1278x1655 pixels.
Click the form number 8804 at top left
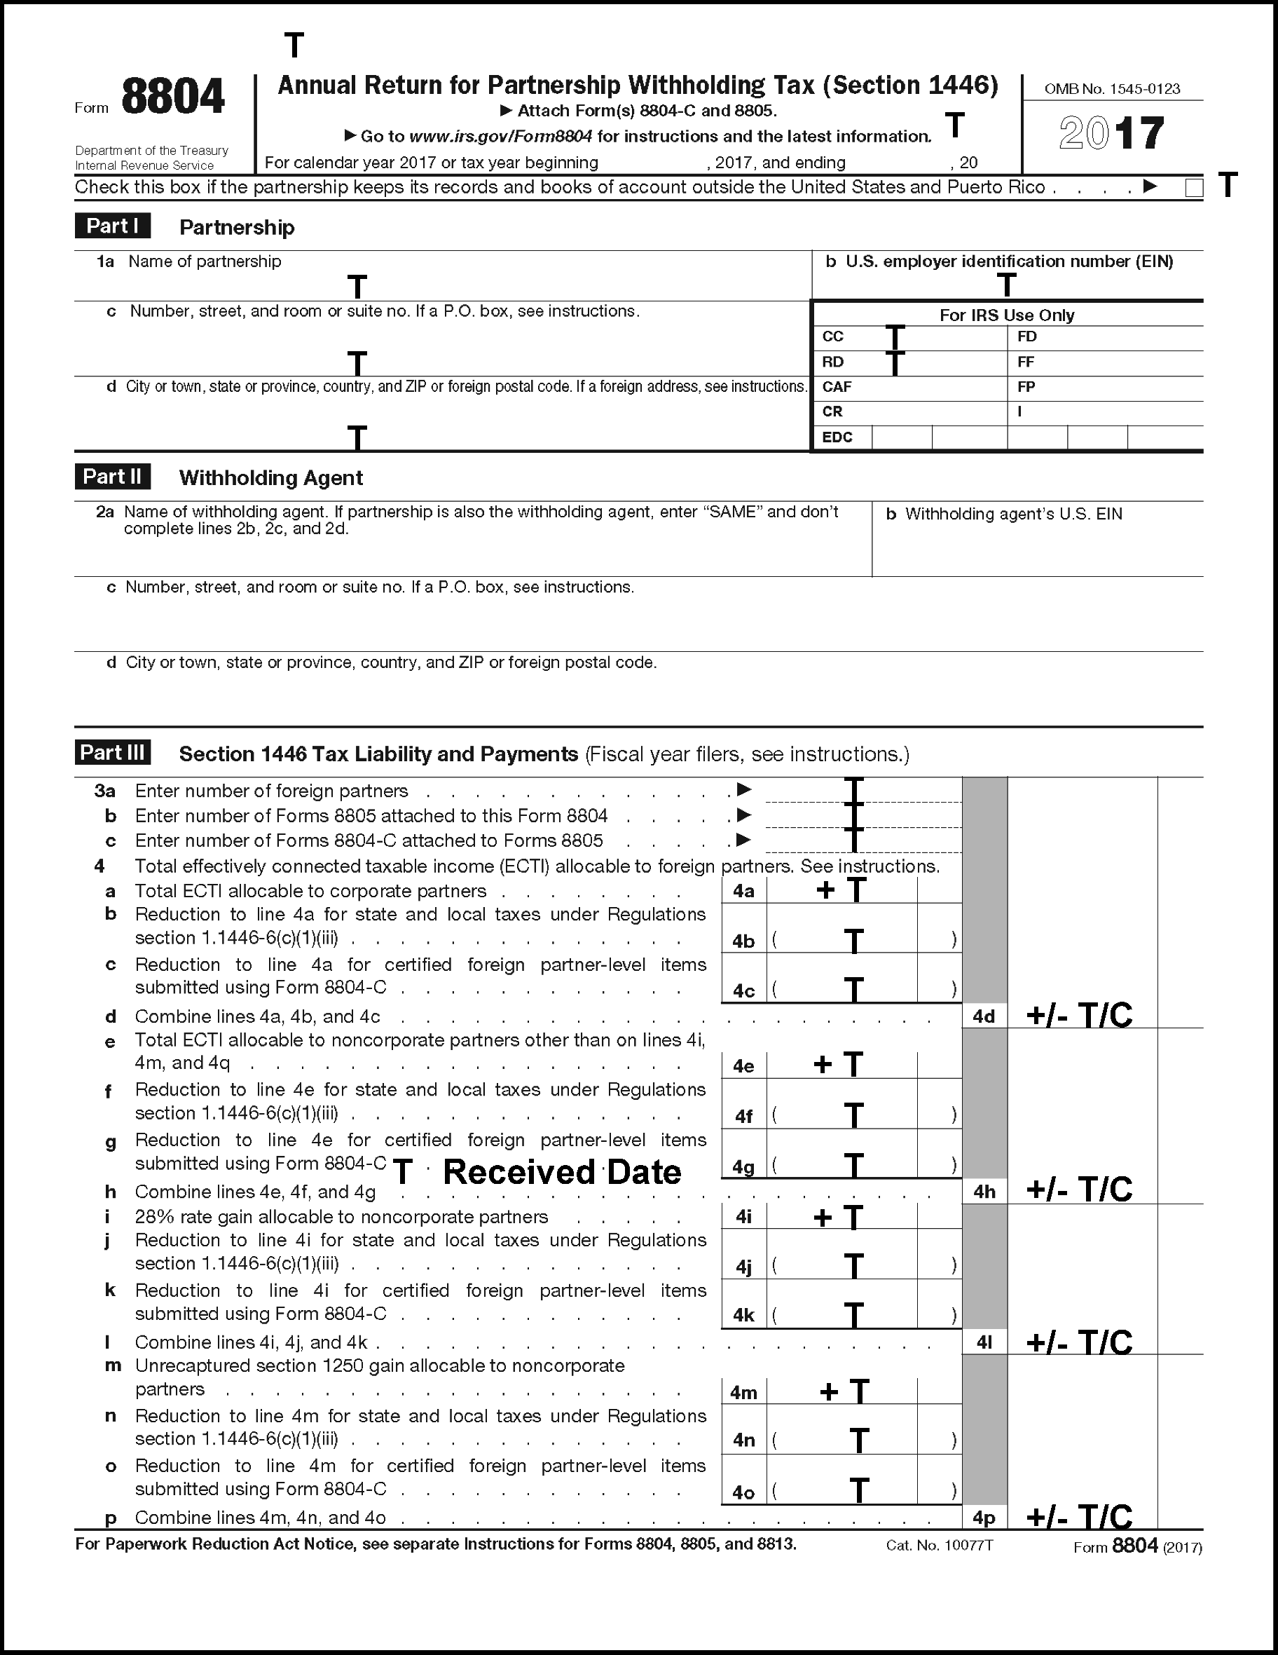coord(173,97)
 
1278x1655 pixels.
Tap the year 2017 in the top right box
coord(1111,133)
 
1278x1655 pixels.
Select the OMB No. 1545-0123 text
coord(1111,88)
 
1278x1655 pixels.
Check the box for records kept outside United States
coord(1194,188)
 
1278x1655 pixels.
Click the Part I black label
coord(112,226)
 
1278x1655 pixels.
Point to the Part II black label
coord(112,477)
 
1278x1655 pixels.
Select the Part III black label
coord(112,752)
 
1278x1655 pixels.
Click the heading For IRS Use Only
coord(1006,315)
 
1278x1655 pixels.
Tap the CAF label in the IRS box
coord(837,387)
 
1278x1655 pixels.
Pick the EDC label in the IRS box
coord(837,437)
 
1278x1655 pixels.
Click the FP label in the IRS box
coord(1026,387)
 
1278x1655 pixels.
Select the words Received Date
coord(561,1172)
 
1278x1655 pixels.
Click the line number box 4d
coord(983,1016)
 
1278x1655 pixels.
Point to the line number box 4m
coord(743,1392)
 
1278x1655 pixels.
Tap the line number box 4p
coord(983,1518)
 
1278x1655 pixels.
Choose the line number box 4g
coord(743,1167)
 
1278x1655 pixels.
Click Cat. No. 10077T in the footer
coord(939,1545)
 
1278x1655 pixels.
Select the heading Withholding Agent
coord(270,478)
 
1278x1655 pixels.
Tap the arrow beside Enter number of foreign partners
coord(744,789)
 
